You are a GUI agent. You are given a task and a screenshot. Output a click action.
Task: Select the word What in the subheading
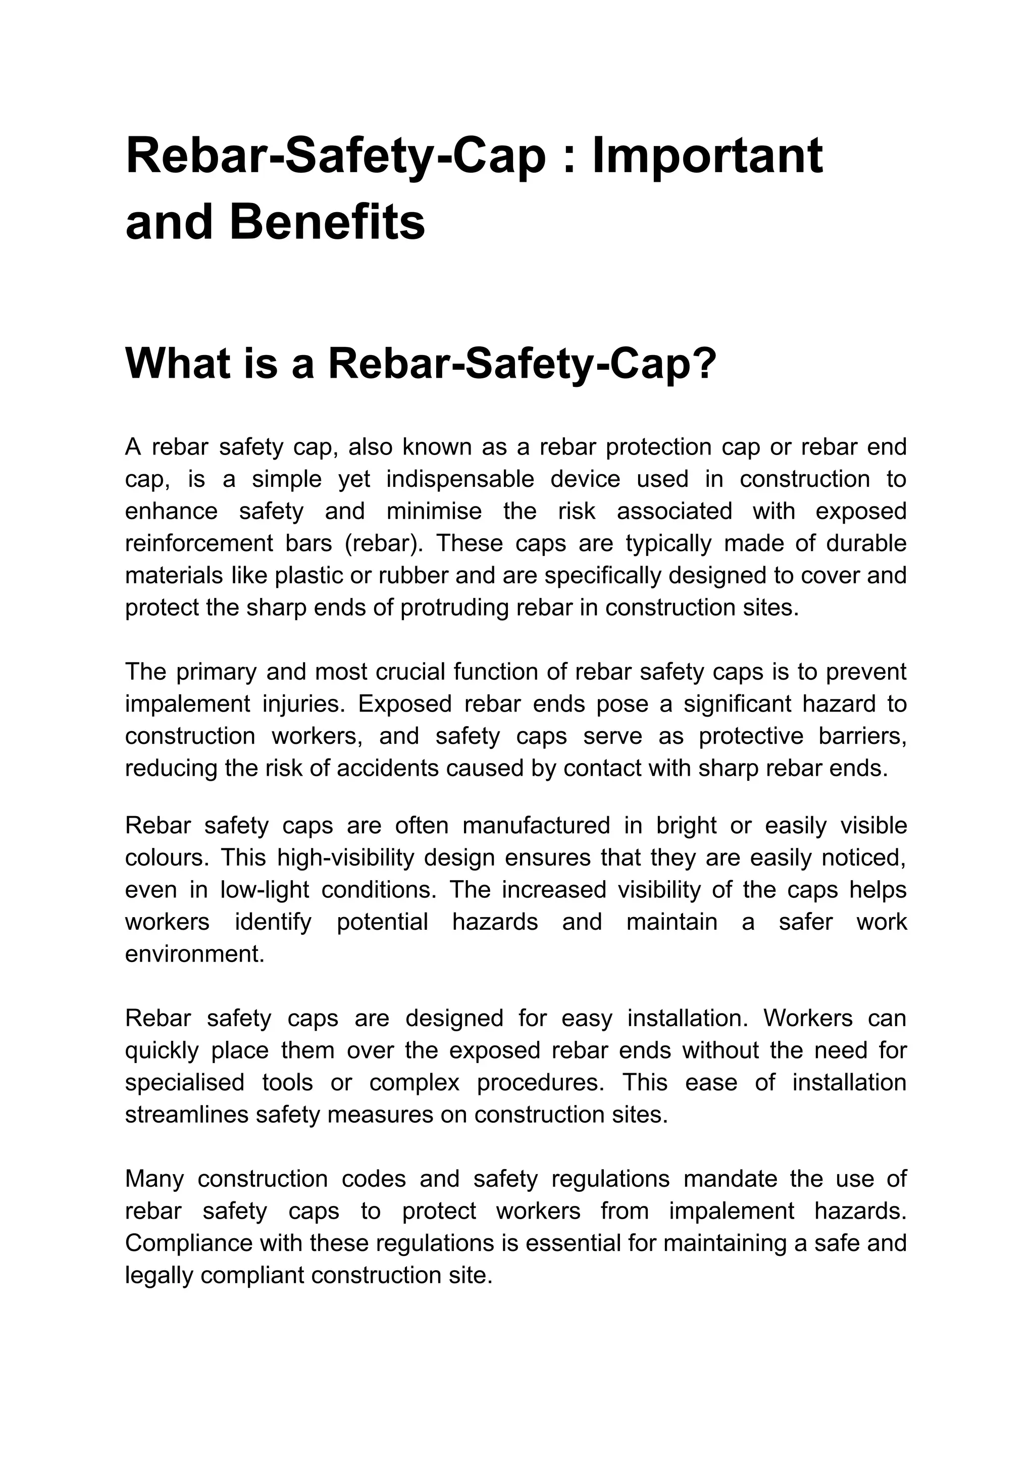point(178,364)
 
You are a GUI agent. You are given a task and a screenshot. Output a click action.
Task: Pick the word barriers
point(862,736)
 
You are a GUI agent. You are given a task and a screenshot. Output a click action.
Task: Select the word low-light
point(264,890)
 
